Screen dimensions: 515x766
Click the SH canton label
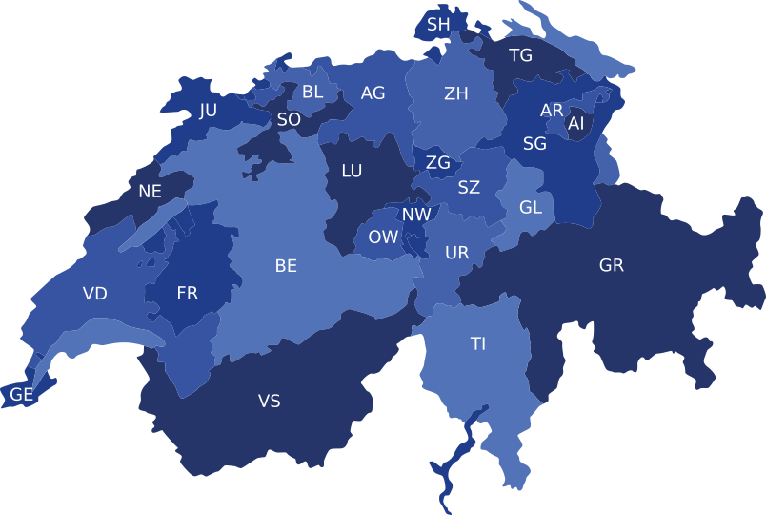click(438, 24)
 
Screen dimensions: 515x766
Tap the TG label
click(520, 55)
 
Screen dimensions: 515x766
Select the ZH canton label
click(456, 93)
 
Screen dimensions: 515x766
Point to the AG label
click(373, 93)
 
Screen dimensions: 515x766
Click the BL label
click(312, 93)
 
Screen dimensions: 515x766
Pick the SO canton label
click(289, 120)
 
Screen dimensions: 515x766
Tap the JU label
click(208, 111)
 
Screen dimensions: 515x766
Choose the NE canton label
click(150, 191)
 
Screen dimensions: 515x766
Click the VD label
click(95, 294)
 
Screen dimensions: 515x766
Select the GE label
click(21, 394)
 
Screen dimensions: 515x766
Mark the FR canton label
click(188, 294)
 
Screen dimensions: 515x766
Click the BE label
click(286, 266)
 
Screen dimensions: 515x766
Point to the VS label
click(270, 402)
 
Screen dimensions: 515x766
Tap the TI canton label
click(478, 343)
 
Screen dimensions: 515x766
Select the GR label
click(612, 265)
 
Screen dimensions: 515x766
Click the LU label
click(352, 172)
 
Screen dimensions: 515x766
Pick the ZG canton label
click(438, 163)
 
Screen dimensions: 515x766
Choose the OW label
click(383, 237)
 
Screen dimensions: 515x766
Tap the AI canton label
click(576, 124)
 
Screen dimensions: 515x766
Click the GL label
click(531, 207)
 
